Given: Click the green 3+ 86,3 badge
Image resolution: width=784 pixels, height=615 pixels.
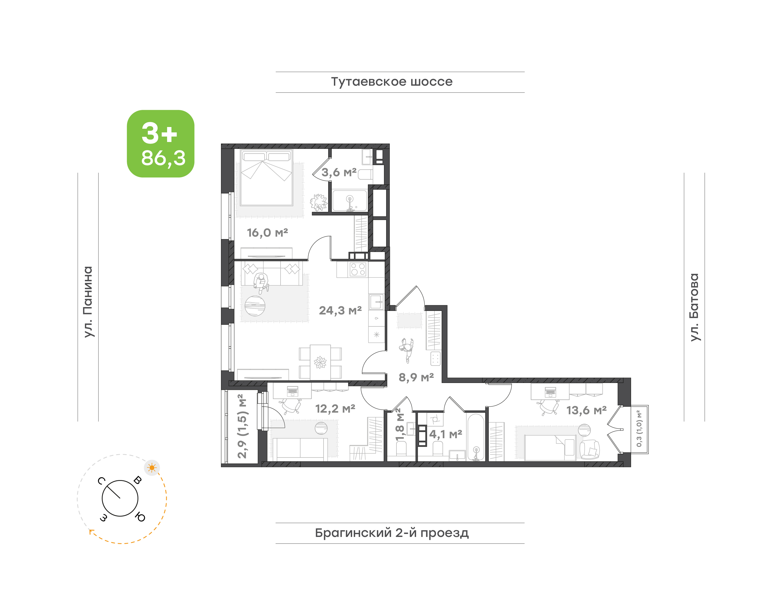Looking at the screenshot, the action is coord(160,143).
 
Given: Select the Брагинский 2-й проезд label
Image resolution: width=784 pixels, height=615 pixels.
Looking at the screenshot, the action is coord(392,533).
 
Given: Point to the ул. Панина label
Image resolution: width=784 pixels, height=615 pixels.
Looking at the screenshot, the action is coord(88,302).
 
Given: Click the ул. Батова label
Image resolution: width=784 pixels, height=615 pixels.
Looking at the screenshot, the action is coord(694,307).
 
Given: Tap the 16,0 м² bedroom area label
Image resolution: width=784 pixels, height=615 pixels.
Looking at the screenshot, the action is coord(267,233).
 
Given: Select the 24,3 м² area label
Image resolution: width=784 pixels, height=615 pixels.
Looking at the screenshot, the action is coord(340,310).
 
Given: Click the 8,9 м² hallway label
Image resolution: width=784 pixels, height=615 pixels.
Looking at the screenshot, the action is coord(416,377).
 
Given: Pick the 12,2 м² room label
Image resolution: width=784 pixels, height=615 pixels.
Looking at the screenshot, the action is coord(335,409).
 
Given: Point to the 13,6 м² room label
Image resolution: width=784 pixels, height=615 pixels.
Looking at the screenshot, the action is coord(586,410).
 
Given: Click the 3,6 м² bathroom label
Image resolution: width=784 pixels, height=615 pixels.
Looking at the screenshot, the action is coord(339,172).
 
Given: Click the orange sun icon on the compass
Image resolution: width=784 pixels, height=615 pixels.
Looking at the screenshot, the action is coord(152,468).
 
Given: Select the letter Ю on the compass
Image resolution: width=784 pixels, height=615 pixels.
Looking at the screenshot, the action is coord(140,517).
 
